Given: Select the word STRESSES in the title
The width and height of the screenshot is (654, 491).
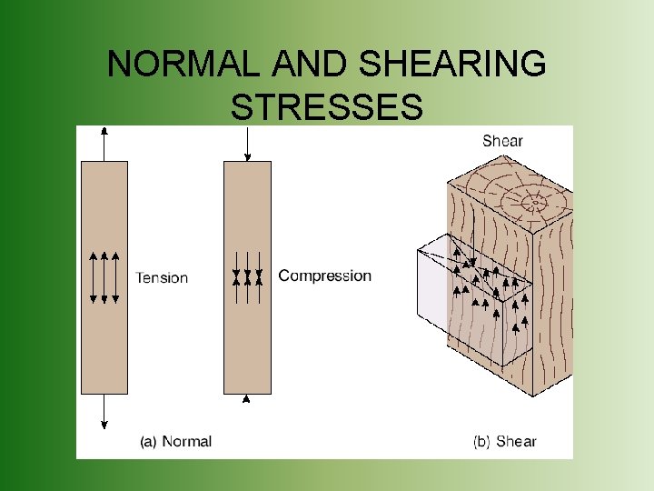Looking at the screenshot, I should coord(327,107).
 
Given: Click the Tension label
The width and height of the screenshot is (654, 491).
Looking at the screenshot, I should coord(162,277).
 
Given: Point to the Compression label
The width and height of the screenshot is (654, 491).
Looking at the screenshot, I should coord(324,276).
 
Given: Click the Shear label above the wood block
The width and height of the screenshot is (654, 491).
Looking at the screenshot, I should coord(502,141).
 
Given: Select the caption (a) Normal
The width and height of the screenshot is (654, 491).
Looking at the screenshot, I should coord(175,442).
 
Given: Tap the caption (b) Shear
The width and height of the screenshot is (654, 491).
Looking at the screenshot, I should coord(504,442).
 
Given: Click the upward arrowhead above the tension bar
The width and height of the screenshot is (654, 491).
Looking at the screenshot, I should coord(104,132).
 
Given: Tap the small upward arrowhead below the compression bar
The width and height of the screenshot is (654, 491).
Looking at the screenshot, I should coord(246,398).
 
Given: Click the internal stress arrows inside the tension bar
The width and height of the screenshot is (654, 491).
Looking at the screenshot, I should coord(104,277).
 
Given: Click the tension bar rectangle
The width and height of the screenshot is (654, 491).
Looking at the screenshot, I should coord(104,346).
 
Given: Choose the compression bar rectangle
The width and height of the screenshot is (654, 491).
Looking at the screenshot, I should coord(247,346).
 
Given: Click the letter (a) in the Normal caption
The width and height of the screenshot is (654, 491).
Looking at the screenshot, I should coord(148,442).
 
